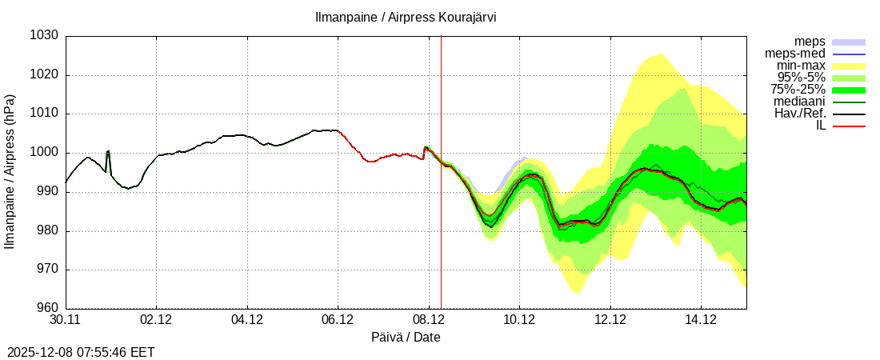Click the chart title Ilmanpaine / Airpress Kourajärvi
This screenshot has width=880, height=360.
tap(406, 17)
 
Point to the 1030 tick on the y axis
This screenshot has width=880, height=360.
tap(44, 36)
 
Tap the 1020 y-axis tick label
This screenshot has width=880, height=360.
tap(44, 75)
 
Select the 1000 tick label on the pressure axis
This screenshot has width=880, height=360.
tap(44, 153)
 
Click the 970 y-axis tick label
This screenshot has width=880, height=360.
tap(47, 270)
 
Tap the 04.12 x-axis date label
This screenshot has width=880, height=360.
tap(247, 321)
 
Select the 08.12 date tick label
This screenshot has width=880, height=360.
tap(429, 321)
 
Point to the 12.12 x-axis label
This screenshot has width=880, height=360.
tap(610, 321)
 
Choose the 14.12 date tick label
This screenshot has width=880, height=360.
tap(701, 321)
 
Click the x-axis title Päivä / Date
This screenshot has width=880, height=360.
tap(406, 338)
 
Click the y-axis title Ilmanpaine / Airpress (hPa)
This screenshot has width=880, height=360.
tap(10, 172)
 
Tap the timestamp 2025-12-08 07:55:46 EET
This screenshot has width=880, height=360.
tap(81, 352)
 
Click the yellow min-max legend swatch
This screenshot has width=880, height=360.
tap(849, 66)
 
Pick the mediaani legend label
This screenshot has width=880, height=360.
tap(799, 102)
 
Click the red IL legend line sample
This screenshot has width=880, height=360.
tap(849, 126)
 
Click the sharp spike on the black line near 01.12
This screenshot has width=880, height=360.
tap(108, 151)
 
